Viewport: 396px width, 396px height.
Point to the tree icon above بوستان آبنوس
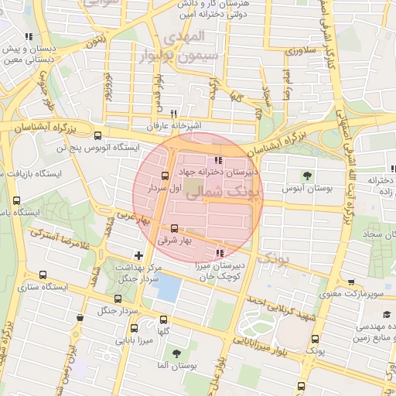308,175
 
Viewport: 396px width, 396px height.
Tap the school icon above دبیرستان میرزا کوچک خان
220,253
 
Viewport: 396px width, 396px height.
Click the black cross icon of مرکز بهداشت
138,255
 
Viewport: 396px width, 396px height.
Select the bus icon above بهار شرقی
174,229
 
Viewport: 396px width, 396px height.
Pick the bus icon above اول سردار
164,176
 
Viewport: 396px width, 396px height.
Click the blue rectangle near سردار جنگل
166,288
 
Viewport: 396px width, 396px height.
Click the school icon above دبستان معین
29,36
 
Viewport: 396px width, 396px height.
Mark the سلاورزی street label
301,50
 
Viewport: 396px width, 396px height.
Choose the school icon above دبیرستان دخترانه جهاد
207,161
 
